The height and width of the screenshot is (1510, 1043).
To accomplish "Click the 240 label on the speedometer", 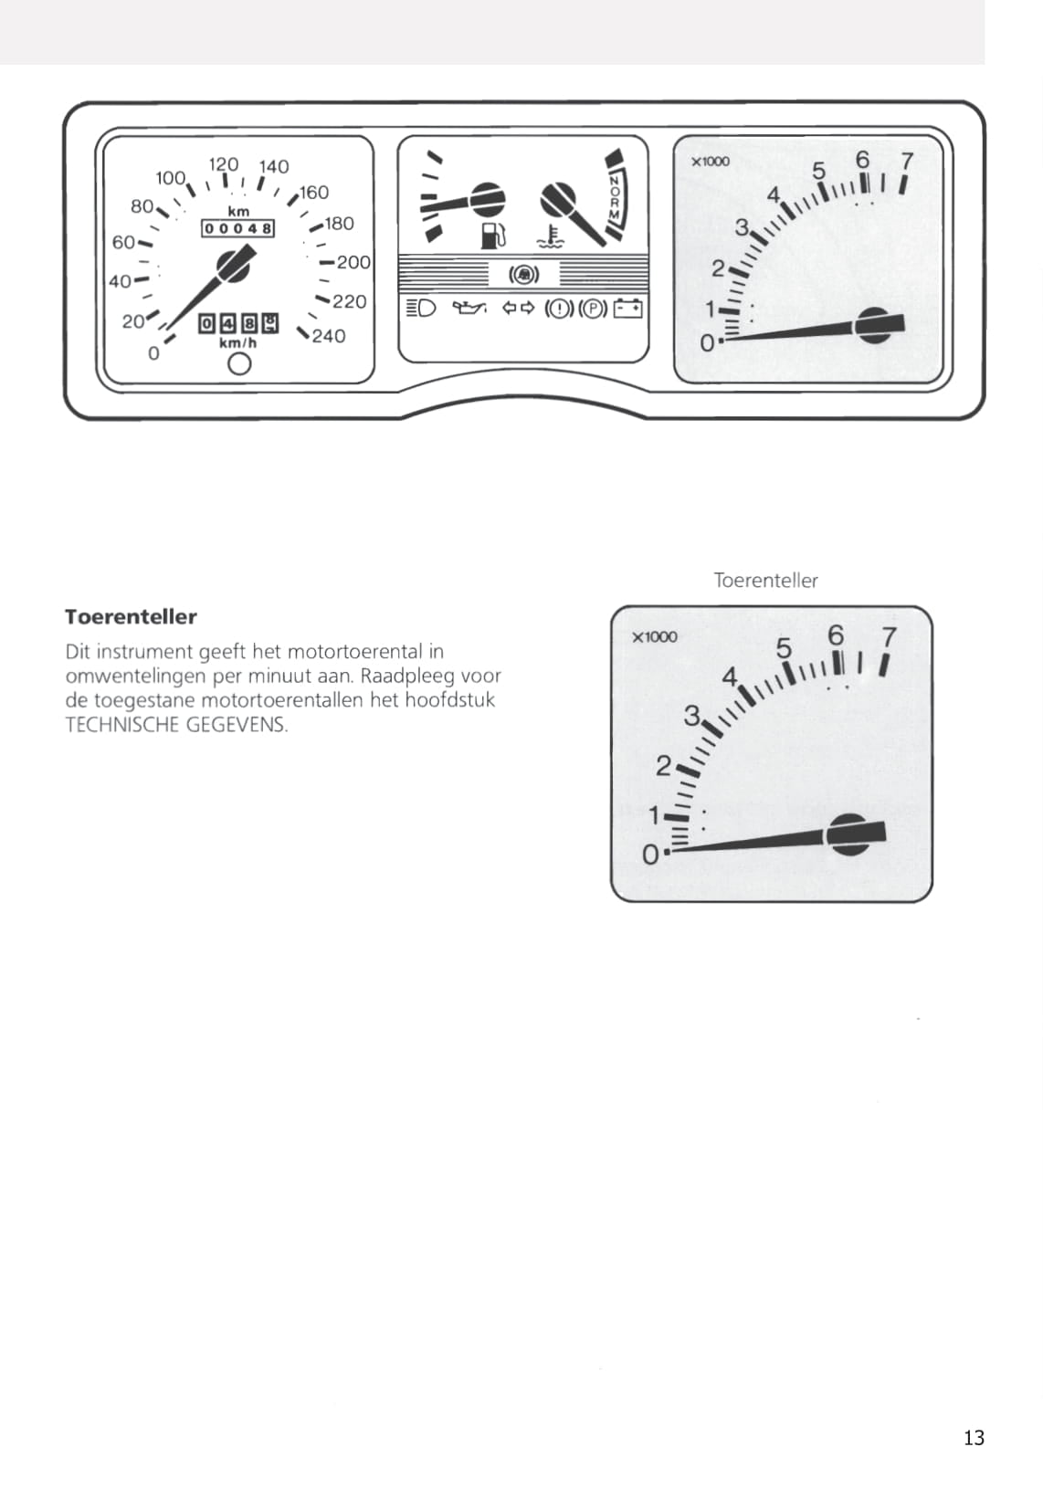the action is [x=329, y=336].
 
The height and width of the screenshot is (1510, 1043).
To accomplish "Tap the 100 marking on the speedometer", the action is [x=170, y=178].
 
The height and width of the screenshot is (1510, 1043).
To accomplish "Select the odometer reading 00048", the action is [x=238, y=228].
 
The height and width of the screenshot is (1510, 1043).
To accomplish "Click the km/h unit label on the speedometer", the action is [x=238, y=342].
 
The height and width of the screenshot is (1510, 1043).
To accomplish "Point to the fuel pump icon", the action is [x=493, y=236].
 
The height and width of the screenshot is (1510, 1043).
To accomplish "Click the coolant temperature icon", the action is [x=550, y=236].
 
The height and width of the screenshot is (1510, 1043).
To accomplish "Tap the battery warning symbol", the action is [x=627, y=309].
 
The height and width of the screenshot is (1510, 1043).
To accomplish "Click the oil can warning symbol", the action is [x=469, y=308].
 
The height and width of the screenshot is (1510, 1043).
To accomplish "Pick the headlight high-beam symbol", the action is [x=421, y=308].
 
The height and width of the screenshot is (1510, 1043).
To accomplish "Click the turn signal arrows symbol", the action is [x=519, y=308].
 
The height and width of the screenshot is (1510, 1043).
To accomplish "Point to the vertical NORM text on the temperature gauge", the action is [x=615, y=198].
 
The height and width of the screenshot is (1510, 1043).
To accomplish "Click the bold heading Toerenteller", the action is [x=131, y=617].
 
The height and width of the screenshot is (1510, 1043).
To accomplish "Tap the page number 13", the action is [x=974, y=1438].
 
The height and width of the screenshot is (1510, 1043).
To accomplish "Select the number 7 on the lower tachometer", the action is [x=889, y=636].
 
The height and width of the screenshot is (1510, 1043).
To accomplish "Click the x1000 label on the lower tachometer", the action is [x=655, y=637].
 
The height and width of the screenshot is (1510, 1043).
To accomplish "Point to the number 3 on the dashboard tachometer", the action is [x=742, y=228].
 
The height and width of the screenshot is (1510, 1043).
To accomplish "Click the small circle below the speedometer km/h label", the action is [x=239, y=364].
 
